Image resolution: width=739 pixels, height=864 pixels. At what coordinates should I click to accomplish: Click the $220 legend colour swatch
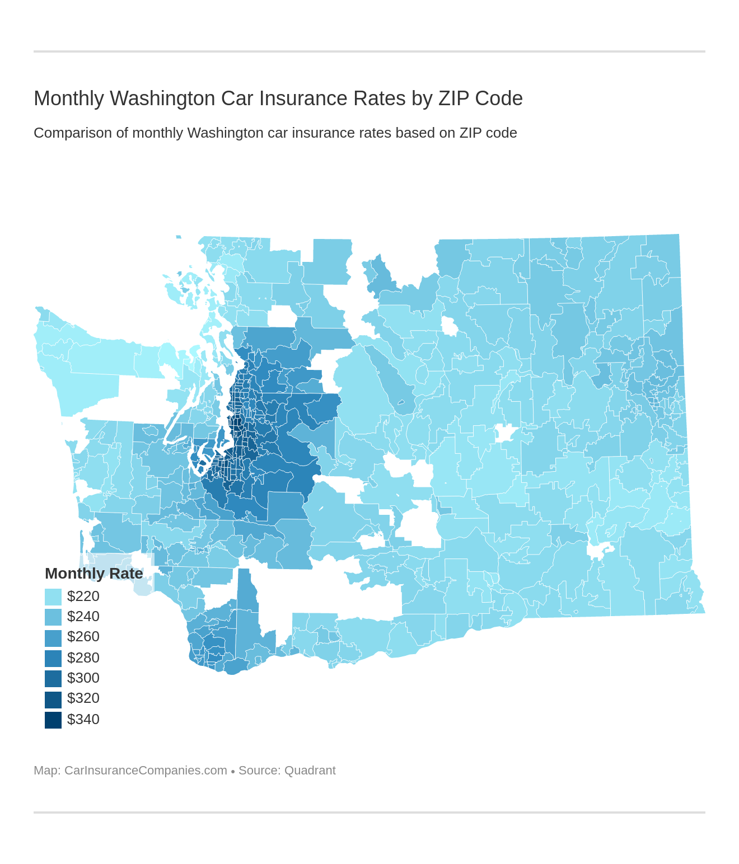click(x=53, y=597)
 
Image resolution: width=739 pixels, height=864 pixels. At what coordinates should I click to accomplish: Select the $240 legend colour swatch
click(x=53, y=617)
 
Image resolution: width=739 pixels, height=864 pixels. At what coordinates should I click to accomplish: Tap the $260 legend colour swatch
click(x=53, y=637)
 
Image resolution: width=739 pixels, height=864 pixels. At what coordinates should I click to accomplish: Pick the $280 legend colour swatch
click(x=53, y=658)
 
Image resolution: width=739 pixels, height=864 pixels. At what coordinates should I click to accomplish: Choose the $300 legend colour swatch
click(x=53, y=678)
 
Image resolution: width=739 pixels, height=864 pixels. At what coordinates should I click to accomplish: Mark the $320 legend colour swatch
click(x=53, y=699)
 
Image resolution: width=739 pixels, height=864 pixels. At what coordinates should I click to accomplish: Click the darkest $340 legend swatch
click(x=53, y=720)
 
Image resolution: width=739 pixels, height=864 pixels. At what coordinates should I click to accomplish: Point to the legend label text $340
click(x=83, y=719)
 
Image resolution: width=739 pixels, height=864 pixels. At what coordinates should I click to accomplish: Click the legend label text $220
click(x=83, y=596)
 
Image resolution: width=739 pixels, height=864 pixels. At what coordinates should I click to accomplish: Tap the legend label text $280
click(x=83, y=658)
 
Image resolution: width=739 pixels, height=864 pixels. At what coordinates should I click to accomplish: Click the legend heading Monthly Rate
click(x=93, y=574)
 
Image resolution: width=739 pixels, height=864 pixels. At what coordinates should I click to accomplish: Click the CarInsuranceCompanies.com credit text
click(x=146, y=771)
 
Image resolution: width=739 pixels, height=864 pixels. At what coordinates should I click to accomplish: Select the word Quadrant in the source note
click(x=310, y=771)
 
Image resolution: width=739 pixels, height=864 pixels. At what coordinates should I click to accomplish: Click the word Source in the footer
click(x=258, y=771)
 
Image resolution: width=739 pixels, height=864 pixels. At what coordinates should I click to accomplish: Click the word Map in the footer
click(x=46, y=771)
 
